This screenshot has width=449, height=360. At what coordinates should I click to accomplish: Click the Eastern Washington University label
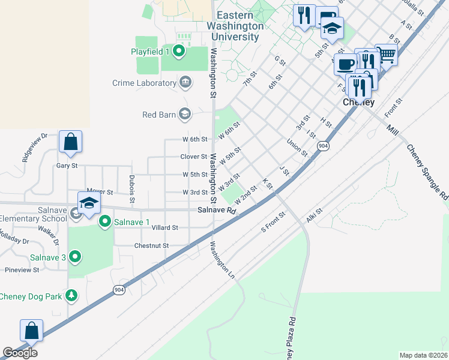pyautogui.click(x=235, y=26)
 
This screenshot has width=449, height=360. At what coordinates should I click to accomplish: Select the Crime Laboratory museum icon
pyautogui.click(x=185, y=82)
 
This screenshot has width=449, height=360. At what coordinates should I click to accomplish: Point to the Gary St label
pyautogui.click(x=67, y=166)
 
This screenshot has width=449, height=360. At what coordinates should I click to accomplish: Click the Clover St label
pyautogui.click(x=193, y=157)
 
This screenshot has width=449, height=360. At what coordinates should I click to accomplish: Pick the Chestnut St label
pyautogui.click(x=151, y=245)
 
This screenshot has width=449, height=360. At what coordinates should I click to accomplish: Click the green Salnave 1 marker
pyautogui.click(x=105, y=222)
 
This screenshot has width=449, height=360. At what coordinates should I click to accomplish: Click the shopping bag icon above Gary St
pyautogui.click(x=70, y=142)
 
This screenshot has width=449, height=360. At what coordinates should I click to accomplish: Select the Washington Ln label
pyautogui.click(x=221, y=261)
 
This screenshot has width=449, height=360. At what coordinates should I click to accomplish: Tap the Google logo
pyautogui.click(x=20, y=353)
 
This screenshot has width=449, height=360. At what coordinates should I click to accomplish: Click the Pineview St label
pyautogui.click(x=22, y=270)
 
